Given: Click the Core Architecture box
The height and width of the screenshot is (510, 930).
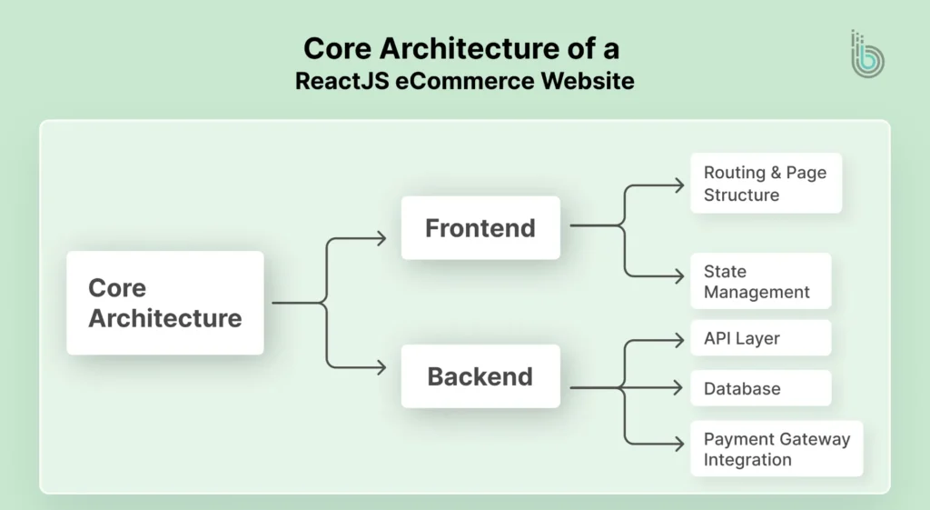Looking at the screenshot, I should coord(164,303).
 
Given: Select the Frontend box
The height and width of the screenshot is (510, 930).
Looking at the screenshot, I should coord(480,227).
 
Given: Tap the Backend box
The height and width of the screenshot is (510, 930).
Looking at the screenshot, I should coord(480,375).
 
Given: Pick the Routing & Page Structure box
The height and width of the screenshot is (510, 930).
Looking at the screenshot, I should coord(766,183).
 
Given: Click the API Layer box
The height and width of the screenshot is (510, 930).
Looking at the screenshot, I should coord(760,338).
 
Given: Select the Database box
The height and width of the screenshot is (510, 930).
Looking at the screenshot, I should coord(760,388).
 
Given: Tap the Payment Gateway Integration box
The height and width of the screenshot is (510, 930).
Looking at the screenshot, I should coord(777,449).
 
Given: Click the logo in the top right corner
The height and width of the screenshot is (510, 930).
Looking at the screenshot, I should coord(866,54).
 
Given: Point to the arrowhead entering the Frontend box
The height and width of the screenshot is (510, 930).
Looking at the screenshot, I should coord(381,239).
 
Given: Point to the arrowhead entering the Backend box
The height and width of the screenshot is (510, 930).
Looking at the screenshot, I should coord(381,368).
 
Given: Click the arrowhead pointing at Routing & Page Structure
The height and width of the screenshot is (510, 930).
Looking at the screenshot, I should coord(678,185).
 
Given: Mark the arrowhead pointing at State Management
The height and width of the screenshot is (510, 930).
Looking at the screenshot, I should coord(678,275).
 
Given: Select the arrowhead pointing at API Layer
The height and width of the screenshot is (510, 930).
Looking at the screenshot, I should coord(678,340).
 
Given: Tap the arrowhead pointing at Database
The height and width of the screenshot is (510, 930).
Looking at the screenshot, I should coord(678,388).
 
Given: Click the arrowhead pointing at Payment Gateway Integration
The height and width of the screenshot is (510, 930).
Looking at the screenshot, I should coord(678,444).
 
